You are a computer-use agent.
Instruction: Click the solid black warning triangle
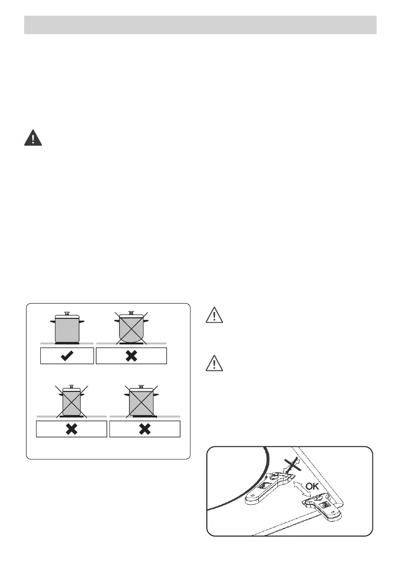tap(33, 138)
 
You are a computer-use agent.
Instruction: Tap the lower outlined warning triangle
tap(214, 363)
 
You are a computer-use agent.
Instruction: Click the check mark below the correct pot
tap(67, 355)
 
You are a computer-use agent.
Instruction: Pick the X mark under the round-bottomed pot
tap(131, 355)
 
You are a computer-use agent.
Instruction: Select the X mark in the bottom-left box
tap(71, 429)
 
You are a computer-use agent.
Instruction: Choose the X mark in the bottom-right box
tap(145, 429)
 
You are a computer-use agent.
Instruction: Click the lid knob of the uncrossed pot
tap(67, 314)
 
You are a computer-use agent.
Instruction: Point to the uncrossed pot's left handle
tap(53, 322)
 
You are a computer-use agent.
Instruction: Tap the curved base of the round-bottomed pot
tap(131, 340)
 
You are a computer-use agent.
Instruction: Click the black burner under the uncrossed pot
tap(67, 343)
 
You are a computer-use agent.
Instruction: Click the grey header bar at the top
tap(200, 25)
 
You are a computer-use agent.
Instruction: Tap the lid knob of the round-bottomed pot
tap(131, 313)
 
